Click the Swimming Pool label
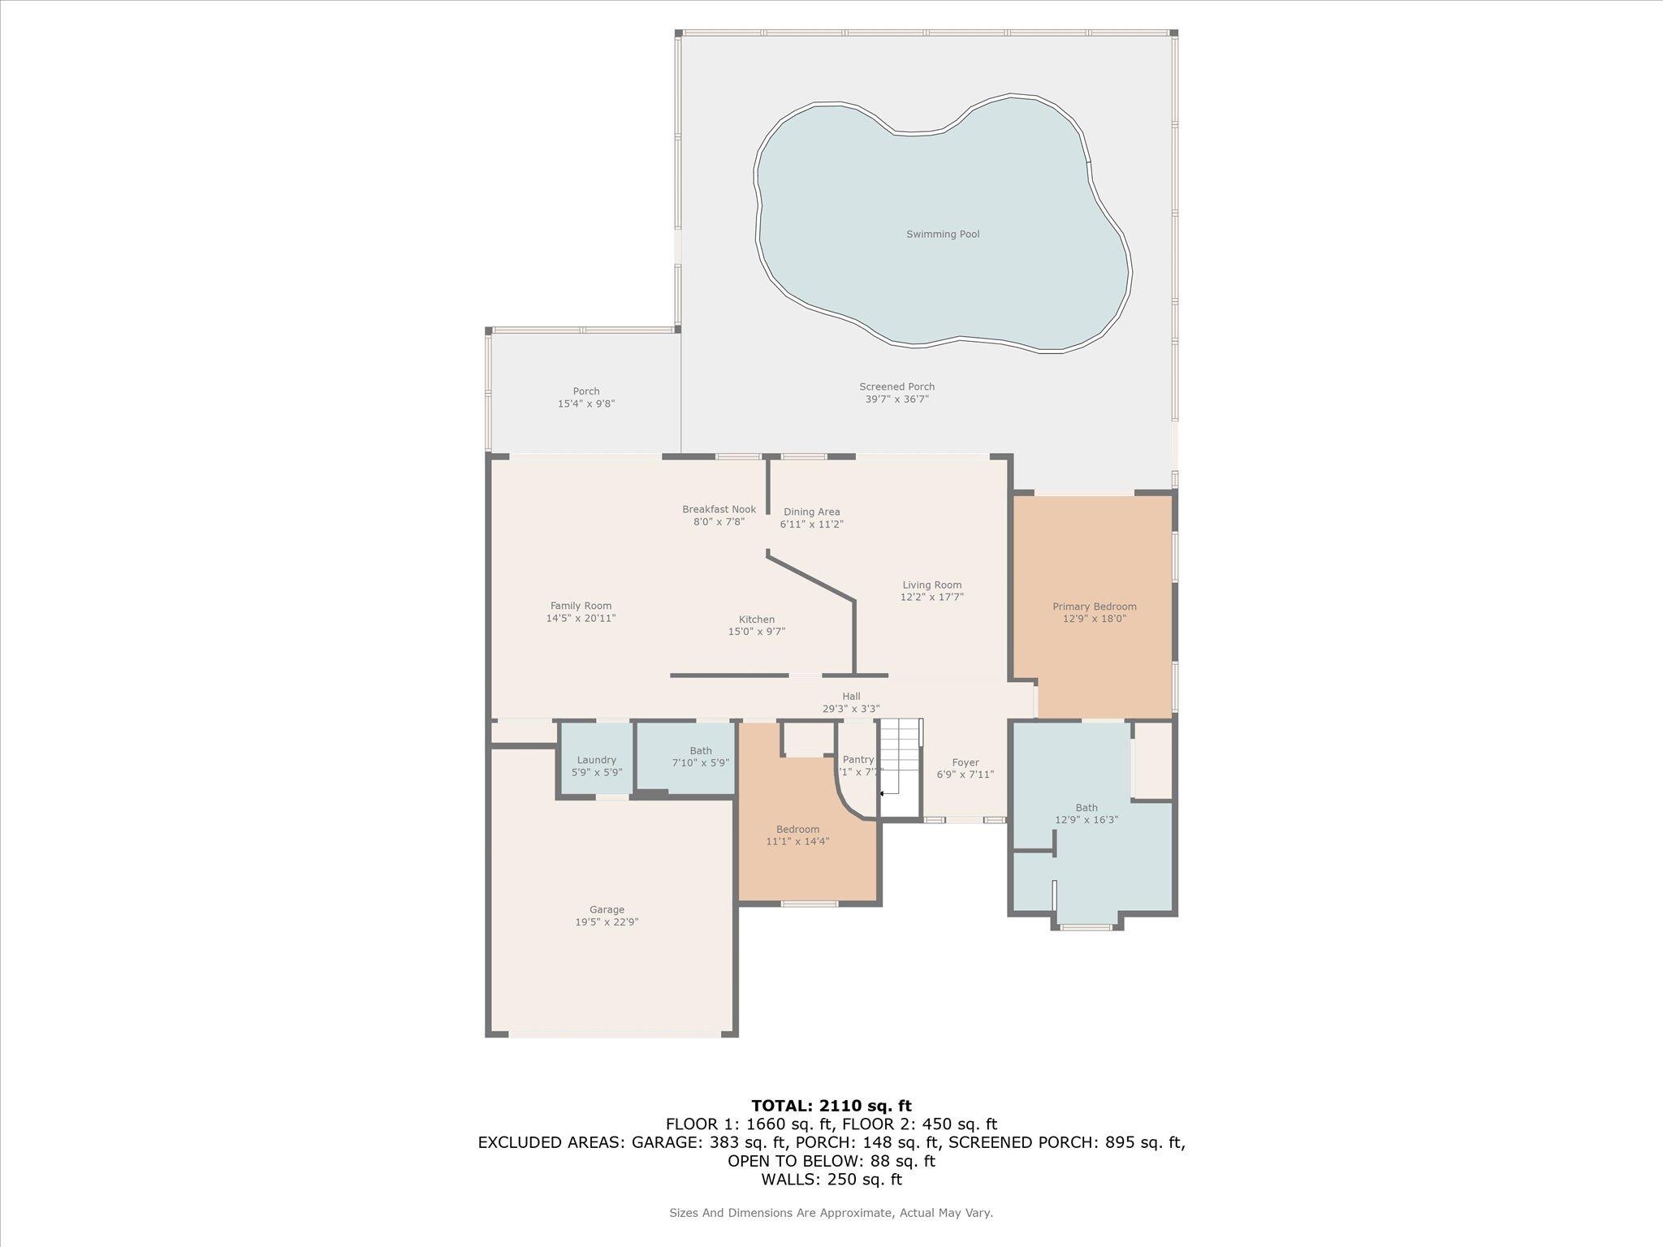(942, 235)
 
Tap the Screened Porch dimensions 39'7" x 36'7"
(896, 399)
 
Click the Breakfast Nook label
(719, 510)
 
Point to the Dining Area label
(811, 512)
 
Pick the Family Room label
(581, 606)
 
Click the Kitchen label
(756, 620)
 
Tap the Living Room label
(931, 585)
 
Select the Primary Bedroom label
(1094, 607)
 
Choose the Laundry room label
(596, 761)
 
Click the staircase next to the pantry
(901, 755)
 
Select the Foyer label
(965, 763)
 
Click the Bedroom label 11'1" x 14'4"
(797, 830)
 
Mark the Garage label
(607, 910)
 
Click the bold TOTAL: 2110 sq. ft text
(831, 1106)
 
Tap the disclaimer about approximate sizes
(831, 1213)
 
